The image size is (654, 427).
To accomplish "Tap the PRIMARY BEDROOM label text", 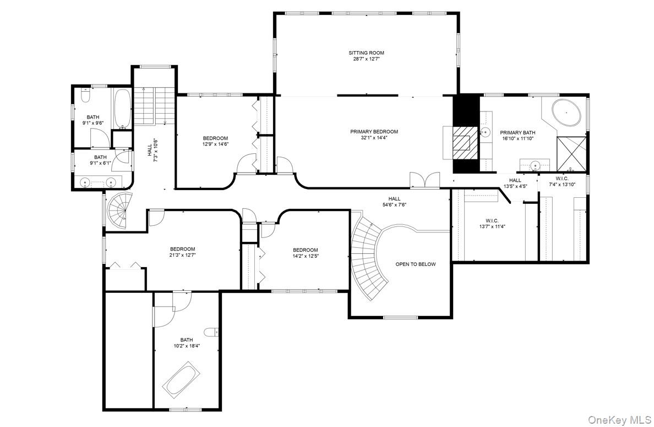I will pyautogui.click(x=374, y=131).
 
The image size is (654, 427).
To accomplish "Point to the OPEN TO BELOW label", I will pyautogui.click(x=415, y=264).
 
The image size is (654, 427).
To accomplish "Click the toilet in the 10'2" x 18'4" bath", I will pyautogui.click(x=211, y=332).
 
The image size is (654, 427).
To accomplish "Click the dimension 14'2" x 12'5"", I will pyautogui.click(x=305, y=256).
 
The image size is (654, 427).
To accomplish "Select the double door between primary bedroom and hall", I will pyautogui.click(x=425, y=180).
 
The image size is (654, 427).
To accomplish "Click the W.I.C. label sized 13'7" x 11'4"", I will pyautogui.click(x=492, y=223).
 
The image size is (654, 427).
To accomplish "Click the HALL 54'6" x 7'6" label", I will pyautogui.click(x=394, y=202).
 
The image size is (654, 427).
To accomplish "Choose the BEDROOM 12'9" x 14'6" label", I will pyautogui.click(x=215, y=141).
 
